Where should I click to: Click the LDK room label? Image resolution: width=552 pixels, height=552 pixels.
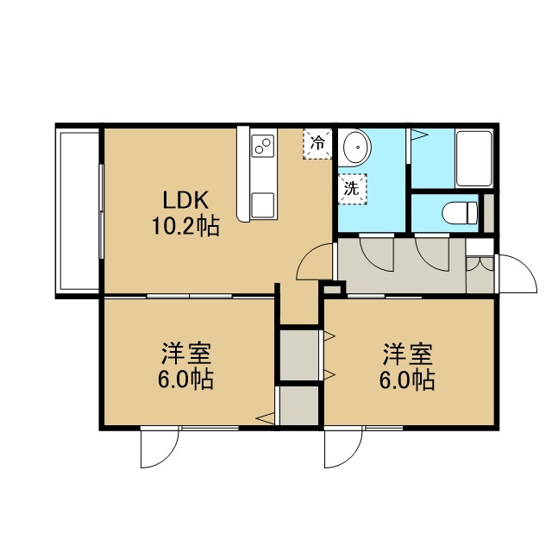(185, 200)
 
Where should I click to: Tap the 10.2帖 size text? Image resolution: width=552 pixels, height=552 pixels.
(185, 226)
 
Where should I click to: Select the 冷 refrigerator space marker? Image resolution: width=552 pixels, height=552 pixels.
(317, 144)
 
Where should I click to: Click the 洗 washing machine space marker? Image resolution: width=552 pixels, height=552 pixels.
(352, 189)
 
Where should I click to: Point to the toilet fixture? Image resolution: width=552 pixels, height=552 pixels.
(460, 213)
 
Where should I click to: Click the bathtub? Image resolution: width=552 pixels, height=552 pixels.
(474, 159)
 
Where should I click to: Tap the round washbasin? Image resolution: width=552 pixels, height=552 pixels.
(356, 147)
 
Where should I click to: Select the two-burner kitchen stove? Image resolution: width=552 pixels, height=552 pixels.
(263, 147)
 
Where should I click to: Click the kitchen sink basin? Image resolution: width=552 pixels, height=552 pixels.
(262, 205)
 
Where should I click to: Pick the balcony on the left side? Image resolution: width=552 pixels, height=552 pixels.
(79, 211)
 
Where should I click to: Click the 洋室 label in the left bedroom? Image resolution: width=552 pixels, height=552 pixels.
(186, 354)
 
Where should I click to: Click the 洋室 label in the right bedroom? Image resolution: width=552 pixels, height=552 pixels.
(407, 354)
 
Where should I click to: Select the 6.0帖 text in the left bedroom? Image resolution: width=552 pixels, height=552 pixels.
(185, 379)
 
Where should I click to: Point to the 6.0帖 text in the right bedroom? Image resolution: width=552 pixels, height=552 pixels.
(407, 379)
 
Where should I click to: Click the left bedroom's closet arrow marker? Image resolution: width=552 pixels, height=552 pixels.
(265, 418)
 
